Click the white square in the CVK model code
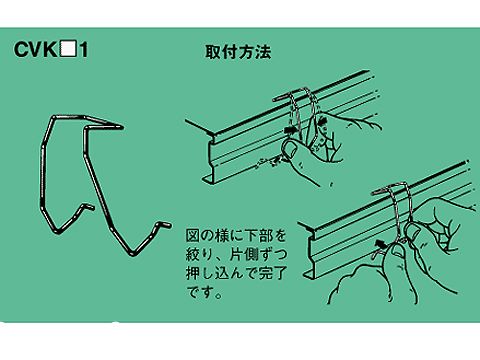click(x=68, y=49)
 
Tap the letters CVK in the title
click(x=35, y=49)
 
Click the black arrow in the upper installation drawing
click(x=291, y=129)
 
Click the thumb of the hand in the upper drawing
click(x=291, y=150)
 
